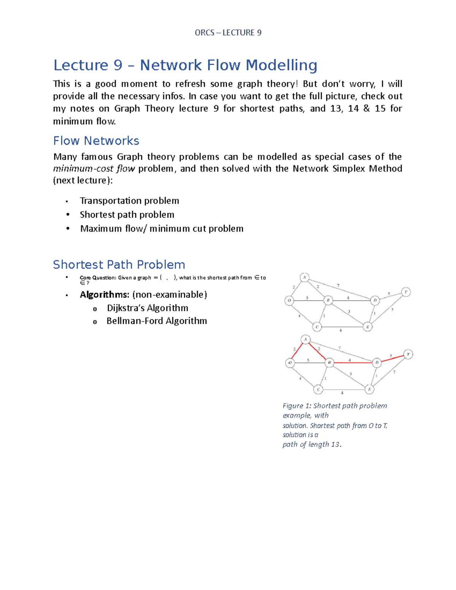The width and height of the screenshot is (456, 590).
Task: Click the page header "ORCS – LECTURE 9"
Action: [228, 33]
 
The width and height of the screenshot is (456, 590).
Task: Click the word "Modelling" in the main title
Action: [281, 65]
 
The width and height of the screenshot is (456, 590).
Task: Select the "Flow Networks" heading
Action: [96, 141]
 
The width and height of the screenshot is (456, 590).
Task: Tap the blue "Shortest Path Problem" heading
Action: [119, 264]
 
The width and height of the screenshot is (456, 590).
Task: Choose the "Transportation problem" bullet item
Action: [129, 201]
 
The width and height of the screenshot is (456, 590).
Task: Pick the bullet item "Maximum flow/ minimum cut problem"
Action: [161, 229]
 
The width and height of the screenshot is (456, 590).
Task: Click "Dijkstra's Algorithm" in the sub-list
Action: [147, 308]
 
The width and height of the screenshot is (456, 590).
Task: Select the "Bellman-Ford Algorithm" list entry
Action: [157, 321]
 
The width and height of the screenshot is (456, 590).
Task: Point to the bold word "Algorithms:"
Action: [104, 295]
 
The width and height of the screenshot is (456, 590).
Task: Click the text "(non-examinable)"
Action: [169, 295]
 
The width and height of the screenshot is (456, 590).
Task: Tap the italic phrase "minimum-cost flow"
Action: [94, 169]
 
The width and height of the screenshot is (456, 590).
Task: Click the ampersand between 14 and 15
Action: [366, 109]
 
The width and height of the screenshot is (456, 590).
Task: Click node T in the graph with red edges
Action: [408, 354]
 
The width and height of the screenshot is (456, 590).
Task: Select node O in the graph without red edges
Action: [289, 301]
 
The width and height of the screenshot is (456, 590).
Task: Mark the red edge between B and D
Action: [351, 363]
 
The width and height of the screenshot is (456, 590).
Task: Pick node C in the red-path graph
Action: [318, 389]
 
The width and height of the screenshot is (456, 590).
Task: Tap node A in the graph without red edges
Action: [304, 277]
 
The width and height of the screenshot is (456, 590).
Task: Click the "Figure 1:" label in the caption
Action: [297, 406]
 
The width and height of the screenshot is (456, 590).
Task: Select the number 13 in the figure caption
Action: [335, 444]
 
